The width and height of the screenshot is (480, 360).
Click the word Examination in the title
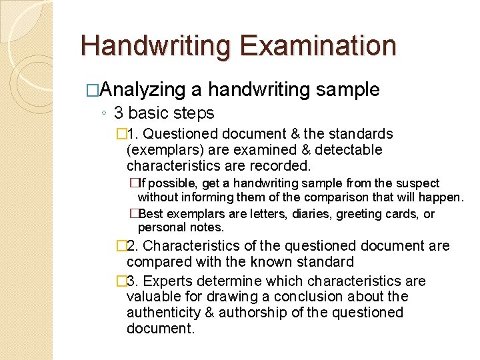(x=319, y=45)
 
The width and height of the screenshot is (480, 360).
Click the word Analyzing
(x=145, y=89)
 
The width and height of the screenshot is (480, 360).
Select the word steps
(x=193, y=113)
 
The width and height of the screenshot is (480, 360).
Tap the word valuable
(x=151, y=297)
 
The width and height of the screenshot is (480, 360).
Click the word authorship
(x=255, y=313)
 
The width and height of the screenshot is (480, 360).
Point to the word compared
(x=156, y=262)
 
